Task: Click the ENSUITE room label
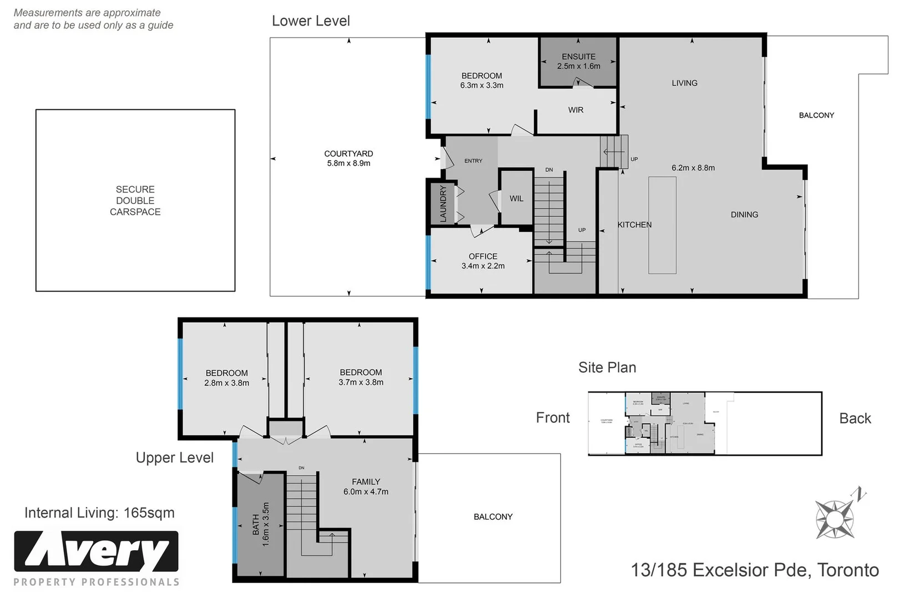click(x=578, y=57)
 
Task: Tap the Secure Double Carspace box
click(x=135, y=200)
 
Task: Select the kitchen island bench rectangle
click(x=662, y=225)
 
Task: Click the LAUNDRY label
click(x=443, y=204)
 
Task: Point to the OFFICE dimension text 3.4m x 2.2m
click(x=483, y=266)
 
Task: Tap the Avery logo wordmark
click(x=96, y=551)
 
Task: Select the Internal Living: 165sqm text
click(x=99, y=513)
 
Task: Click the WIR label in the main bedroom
click(x=575, y=110)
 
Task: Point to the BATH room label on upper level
click(x=256, y=524)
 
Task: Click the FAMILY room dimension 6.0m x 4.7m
click(x=366, y=492)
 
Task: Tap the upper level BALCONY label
click(x=493, y=517)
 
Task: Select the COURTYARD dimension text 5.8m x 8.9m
click(x=349, y=164)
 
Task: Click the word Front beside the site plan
click(x=553, y=418)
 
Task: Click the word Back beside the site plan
click(x=855, y=419)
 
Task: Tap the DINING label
click(x=744, y=215)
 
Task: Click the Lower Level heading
click(x=311, y=21)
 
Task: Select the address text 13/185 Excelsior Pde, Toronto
click(x=755, y=570)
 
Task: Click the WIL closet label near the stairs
click(x=516, y=199)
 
